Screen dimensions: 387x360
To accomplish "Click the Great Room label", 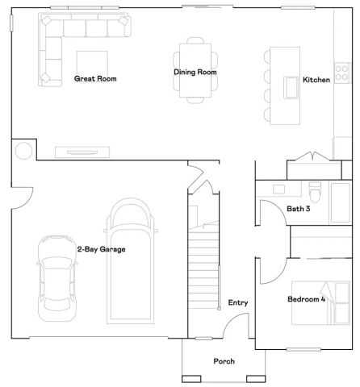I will [x=96, y=79].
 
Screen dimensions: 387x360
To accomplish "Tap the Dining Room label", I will [x=195, y=72].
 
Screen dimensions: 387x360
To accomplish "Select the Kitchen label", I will [x=316, y=80].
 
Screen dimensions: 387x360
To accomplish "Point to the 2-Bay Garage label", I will [x=101, y=249].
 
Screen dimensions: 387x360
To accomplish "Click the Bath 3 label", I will [x=299, y=209].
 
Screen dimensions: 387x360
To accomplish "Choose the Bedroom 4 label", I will [x=307, y=300].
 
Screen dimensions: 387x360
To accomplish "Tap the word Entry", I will [x=238, y=303].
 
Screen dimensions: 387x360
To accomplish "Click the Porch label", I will [x=224, y=361].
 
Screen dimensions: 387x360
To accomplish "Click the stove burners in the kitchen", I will [x=342, y=73].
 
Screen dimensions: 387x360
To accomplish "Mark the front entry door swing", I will [x=236, y=326].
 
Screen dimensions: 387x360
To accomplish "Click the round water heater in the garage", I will [x=23, y=150].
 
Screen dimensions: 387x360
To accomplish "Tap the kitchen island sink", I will [x=288, y=86].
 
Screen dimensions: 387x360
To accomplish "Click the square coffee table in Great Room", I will [x=88, y=62].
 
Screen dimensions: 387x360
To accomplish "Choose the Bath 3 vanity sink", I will [x=279, y=190].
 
